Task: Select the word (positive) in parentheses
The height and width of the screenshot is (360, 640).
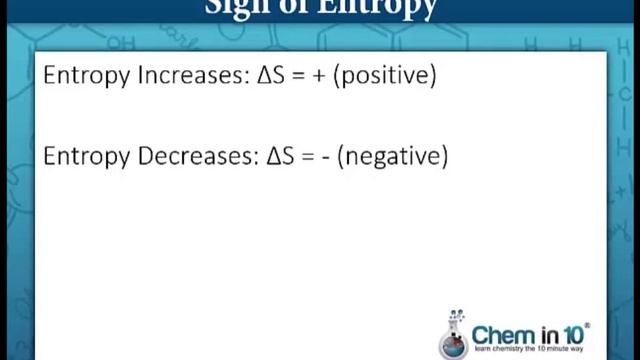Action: click(388, 77)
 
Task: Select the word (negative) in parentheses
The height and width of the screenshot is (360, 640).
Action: click(392, 158)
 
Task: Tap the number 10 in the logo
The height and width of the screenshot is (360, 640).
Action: click(578, 333)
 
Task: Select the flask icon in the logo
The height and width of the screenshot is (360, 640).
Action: click(455, 334)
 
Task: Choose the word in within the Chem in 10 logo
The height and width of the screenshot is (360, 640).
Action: click(551, 333)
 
